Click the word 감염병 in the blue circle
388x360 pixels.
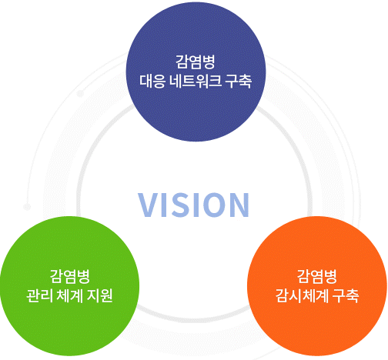196,62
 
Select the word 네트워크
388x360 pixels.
196,81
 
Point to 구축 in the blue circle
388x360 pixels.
239,81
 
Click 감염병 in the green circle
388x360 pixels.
69,276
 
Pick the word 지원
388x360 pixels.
100,295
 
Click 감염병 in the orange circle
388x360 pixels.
317,276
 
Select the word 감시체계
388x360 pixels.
302,295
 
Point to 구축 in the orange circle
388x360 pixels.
346,295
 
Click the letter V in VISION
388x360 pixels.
149,205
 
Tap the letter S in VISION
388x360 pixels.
179,205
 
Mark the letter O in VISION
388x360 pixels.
212,205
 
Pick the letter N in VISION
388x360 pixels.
239,205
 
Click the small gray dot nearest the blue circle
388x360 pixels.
80,94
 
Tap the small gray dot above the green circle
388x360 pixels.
27,207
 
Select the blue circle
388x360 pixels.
196,72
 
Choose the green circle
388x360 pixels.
69,286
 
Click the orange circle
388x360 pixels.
317,286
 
